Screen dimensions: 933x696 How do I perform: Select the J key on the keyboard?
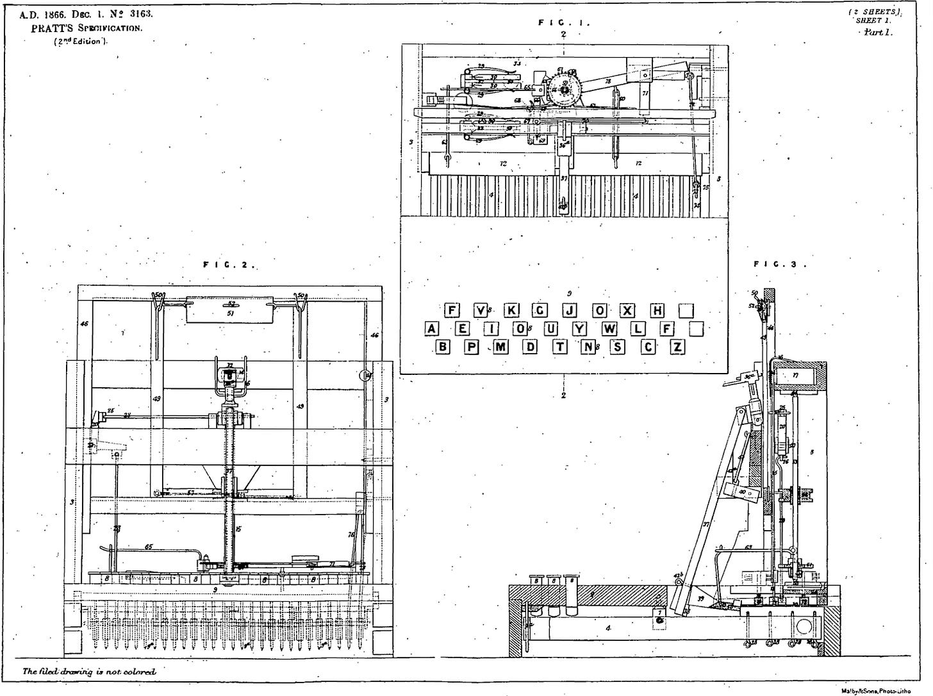coord(570,311)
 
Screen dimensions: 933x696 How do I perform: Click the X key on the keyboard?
coord(628,311)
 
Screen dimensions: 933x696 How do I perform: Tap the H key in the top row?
coord(657,311)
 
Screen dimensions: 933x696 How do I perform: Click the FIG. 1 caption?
coord(564,22)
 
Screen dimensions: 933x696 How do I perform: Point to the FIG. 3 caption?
coord(779,264)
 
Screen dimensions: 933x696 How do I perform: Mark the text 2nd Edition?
coord(81,41)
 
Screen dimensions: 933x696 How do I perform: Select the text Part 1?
coord(878,32)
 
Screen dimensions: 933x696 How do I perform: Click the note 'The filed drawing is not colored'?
coord(89,672)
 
